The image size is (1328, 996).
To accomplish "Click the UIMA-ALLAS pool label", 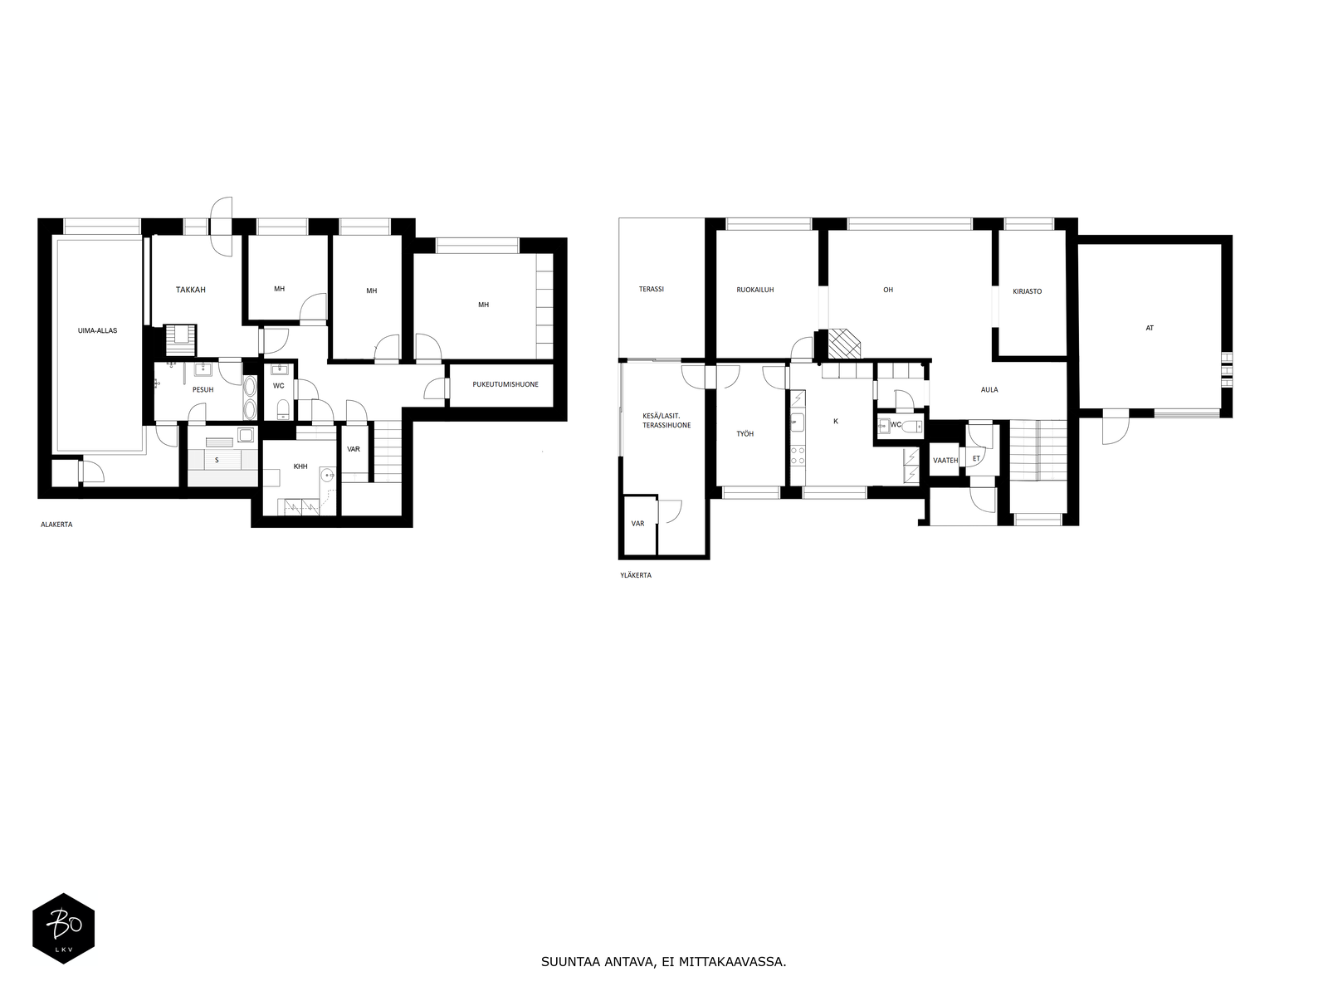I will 97,330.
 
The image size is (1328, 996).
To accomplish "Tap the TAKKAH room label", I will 190,290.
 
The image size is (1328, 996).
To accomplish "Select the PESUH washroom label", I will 203,389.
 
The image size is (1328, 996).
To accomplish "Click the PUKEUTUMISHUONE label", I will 500,384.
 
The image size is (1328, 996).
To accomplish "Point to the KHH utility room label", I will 300,466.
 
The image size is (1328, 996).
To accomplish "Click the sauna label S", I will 217,459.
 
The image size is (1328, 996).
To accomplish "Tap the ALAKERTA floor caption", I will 56,525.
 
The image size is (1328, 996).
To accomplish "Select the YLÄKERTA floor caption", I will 635,574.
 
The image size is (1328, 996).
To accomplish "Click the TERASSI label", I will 651,290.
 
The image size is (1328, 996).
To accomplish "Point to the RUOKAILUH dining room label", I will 755,290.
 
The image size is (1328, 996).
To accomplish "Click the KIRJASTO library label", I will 1027,291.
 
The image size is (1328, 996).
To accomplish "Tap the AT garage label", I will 1150,328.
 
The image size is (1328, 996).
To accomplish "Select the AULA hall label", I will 989,389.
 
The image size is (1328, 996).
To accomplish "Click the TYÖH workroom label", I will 745,434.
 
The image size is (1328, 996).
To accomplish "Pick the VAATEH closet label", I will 945,460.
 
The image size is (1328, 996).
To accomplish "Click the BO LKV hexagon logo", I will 63,928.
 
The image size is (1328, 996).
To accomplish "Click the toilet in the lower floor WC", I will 282,408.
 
